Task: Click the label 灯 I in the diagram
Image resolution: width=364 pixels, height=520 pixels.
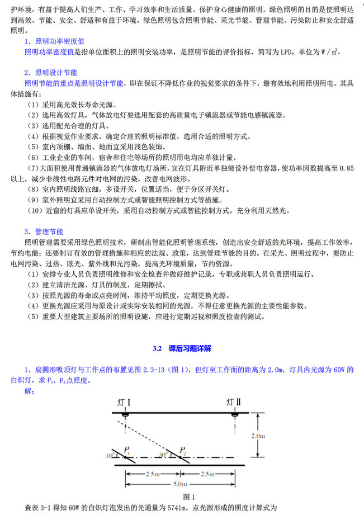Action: coord(124,402)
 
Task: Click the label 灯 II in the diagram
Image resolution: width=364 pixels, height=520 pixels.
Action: coord(234,402)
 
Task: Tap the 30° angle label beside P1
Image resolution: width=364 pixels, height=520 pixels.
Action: coord(108,456)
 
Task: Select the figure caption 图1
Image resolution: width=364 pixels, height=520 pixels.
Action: coord(189,497)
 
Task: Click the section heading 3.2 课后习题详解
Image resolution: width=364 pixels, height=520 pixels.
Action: coord(182,348)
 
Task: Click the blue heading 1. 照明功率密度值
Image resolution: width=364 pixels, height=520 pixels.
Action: coord(54,42)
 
